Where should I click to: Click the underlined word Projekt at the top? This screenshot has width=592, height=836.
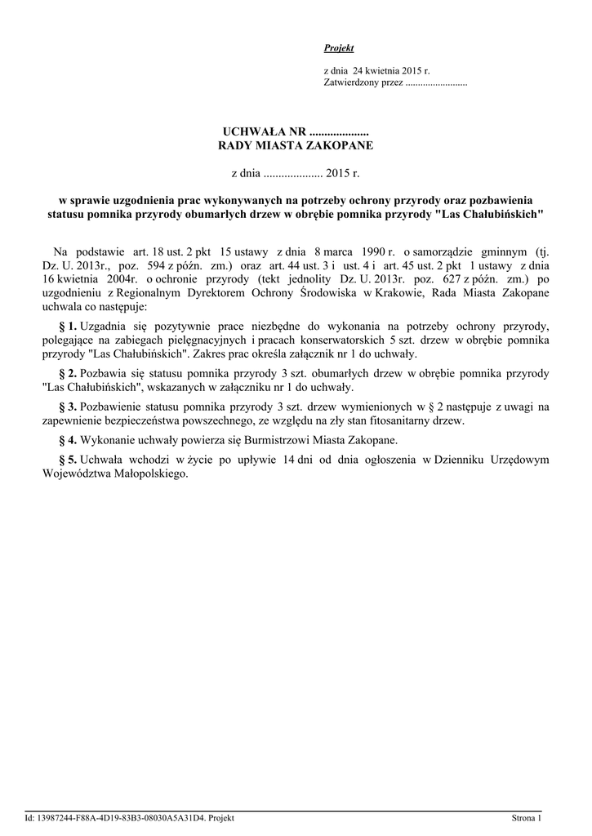[x=339, y=48]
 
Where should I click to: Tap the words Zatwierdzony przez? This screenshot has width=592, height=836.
[x=363, y=83]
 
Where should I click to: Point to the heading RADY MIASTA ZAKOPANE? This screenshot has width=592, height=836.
[x=296, y=145]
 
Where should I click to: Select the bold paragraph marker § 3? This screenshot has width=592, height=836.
[x=68, y=406]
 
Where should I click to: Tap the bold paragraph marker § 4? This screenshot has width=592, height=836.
[x=68, y=440]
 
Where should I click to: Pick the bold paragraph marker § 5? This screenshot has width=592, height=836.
[x=68, y=460]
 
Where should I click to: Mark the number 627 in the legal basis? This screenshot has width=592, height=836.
[x=446, y=279]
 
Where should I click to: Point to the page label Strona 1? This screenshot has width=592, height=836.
[x=527, y=817]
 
